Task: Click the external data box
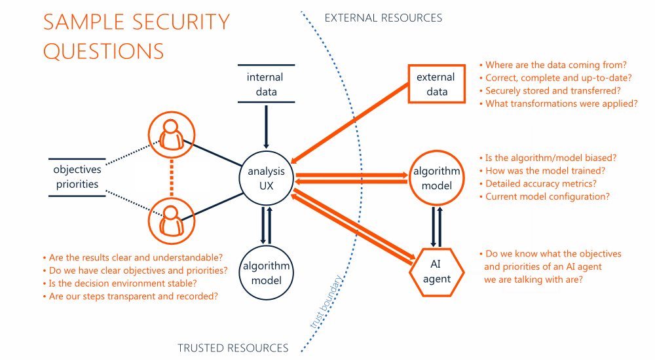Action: coord(437,84)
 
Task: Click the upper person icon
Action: coord(172,135)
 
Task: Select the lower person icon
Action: coord(172,219)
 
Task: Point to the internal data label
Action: coord(266,84)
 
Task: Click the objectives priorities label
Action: coord(77,177)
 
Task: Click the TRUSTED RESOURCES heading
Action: coord(233,348)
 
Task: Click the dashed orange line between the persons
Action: coord(172,177)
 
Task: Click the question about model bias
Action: coord(550,158)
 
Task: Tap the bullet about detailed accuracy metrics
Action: coord(540,184)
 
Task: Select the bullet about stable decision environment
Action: coord(122,283)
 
